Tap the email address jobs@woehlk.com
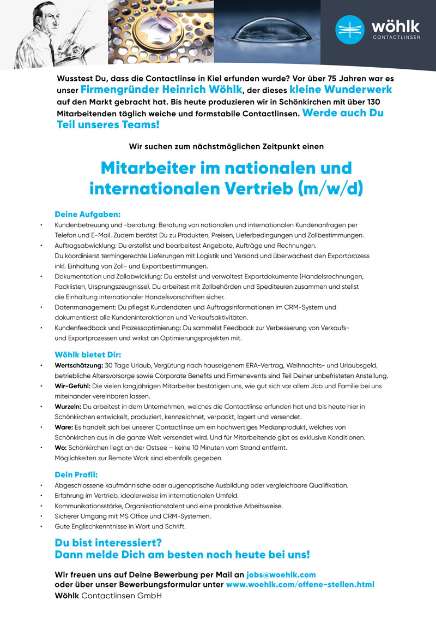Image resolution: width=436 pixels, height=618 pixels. (x=281, y=575)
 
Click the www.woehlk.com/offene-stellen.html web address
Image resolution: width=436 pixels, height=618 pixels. (x=300, y=585)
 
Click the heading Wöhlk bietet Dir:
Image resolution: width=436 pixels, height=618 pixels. (x=92, y=354)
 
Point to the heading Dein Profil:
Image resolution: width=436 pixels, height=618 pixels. (x=76, y=474)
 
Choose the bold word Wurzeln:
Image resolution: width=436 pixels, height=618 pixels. (x=69, y=406)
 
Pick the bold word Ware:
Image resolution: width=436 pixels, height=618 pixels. (x=64, y=427)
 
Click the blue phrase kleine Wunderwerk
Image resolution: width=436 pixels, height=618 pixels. (x=340, y=89)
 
